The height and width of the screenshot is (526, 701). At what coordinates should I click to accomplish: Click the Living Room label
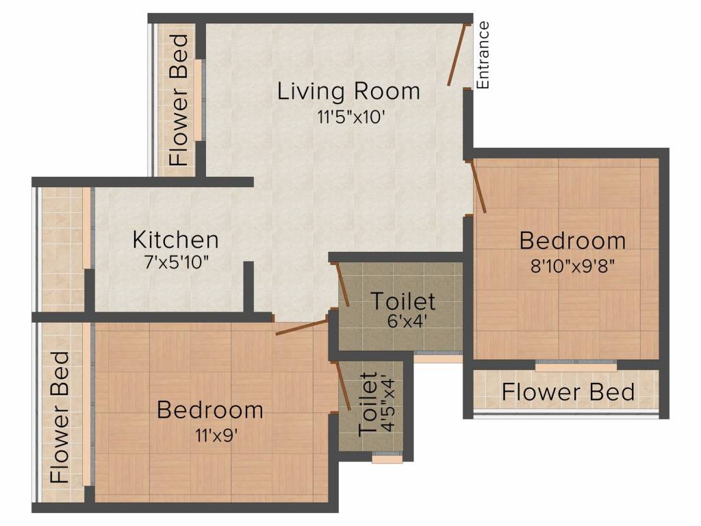[x=348, y=92]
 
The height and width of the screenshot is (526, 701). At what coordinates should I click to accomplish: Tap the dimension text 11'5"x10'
[x=348, y=116]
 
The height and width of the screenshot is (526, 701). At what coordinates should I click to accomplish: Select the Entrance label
[x=483, y=55]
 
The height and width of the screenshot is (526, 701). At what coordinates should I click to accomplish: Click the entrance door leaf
[x=457, y=55]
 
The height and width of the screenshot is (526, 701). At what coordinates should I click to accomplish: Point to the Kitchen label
[x=175, y=240]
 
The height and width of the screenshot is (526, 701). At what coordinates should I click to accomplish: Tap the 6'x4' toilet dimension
[x=403, y=320]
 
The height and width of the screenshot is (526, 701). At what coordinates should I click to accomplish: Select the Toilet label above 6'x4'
[x=403, y=301]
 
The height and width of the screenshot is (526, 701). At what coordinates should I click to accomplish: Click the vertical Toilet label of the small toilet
[x=368, y=405]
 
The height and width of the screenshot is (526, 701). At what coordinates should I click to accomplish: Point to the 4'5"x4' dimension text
[x=388, y=405]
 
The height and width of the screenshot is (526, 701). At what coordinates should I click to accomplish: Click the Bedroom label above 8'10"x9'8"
[x=572, y=241]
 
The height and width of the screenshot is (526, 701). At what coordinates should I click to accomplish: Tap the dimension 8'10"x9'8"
[x=572, y=265]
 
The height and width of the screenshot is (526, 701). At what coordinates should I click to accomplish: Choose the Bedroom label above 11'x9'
[x=209, y=410]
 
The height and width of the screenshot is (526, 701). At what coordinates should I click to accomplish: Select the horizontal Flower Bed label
[x=568, y=392]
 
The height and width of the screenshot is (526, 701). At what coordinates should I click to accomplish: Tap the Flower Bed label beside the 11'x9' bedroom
[x=60, y=417]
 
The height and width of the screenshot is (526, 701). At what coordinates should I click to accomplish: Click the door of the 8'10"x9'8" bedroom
[x=478, y=187]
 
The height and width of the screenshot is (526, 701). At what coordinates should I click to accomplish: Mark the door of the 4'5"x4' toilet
[x=344, y=386]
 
